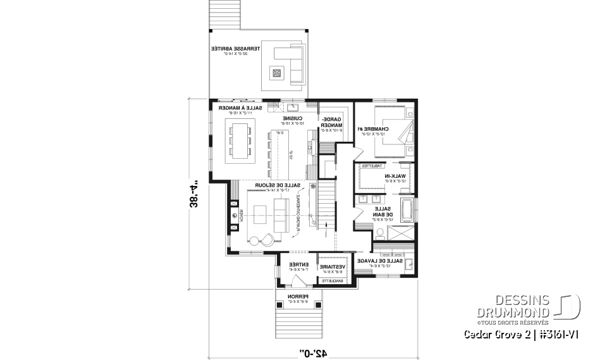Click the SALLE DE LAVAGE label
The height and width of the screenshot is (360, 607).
click(x=376, y=261)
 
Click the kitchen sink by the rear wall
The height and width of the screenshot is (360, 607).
click(x=295, y=107)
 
